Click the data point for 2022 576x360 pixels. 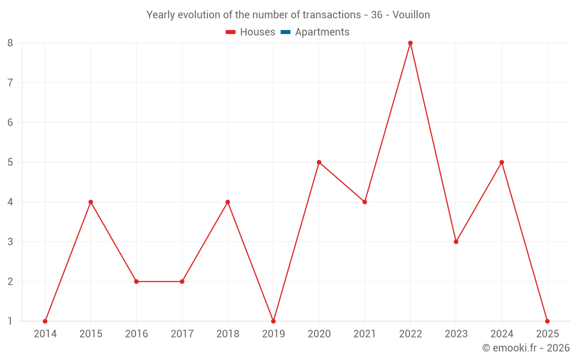(410, 43)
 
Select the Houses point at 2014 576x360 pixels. (45, 321)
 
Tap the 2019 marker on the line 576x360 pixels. (273, 321)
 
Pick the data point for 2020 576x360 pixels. (319, 162)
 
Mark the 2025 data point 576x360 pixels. (547, 321)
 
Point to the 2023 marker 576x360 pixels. (456, 241)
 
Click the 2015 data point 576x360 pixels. (90, 202)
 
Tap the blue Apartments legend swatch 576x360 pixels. (285, 32)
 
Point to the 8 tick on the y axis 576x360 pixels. (10, 43)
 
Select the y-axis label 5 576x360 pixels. (10, 162)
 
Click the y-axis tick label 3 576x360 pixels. (10, 241)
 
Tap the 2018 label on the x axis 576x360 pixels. (228, 334)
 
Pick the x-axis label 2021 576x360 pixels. (365, 334)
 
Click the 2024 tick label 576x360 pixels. (502, 334)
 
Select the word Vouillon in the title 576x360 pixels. (411, 15)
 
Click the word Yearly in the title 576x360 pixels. (161, 15)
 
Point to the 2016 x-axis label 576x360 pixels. (136, 334)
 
